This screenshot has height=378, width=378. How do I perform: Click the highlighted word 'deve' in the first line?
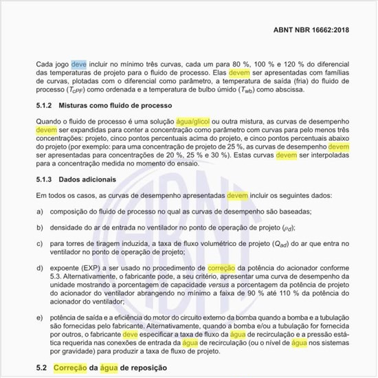click(79, 63)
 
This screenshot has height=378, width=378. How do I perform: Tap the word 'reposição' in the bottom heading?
click(146, 368)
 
